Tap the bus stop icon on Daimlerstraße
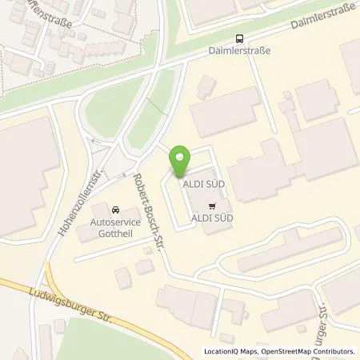click(x=240, y=38)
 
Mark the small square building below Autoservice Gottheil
click(x=144, y=265)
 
